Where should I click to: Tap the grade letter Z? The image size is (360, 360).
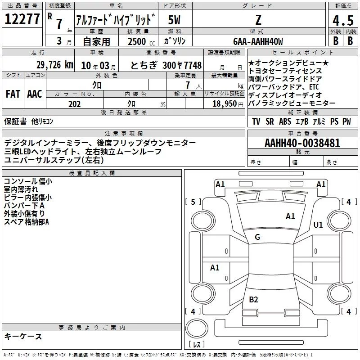[x=258, y=19]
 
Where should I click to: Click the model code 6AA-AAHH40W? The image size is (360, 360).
[x=258, y=41]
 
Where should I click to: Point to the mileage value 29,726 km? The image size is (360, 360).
[x=54, y=65]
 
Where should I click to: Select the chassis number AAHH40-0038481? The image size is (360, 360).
[x=302, y=144]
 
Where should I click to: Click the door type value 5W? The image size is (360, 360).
[x=175, y=19]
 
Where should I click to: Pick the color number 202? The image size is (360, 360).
[x=74, y=104]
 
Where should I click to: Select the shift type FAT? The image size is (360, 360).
[x=13, y=94]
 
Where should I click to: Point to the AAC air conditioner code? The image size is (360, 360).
[x=34, y=94]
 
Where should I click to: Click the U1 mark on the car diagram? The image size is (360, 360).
[x=318, y=225]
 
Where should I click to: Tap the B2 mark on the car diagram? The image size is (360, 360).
[x=253, y=300]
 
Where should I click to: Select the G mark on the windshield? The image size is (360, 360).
[x=257, y=237]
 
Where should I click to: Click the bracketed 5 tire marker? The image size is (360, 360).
[x=193, y=202]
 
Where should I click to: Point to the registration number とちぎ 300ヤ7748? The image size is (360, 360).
[x=166, y=65]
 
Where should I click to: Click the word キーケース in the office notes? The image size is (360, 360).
[x=23, y=337]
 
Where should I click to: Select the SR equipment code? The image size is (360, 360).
[x=270, y=121]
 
